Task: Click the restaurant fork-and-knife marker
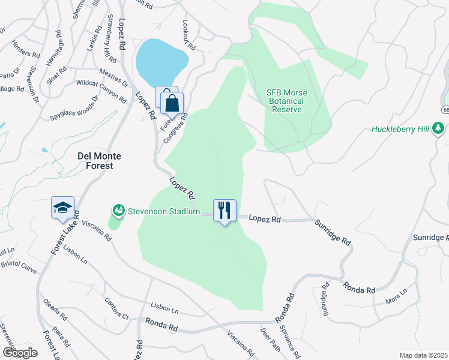pos(224,211)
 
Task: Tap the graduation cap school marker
pos(62,208)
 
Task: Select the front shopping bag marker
pos(172,103)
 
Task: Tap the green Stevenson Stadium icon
pos(118,211)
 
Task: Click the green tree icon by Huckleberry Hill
pos(439,128)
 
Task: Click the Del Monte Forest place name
pos(100,160)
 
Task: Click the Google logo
pos(20,353)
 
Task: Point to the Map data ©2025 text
pos(423,355)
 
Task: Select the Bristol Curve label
pos(18,266)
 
